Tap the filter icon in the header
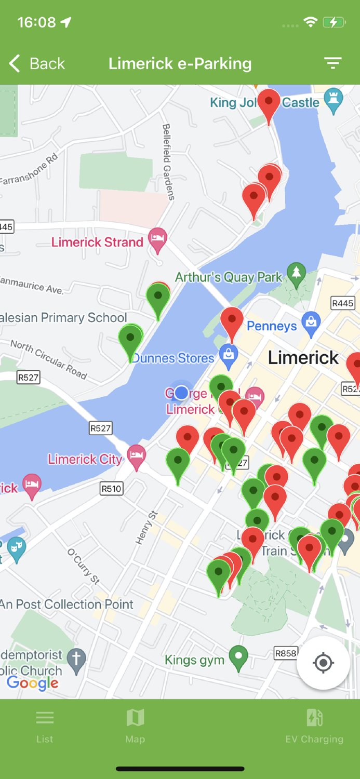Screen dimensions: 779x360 [x=333, y=63]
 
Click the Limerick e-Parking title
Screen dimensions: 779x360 [x=180, y=63]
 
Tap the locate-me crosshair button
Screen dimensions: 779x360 [x=323, y=663]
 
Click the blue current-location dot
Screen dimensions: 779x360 [x=181, y=393]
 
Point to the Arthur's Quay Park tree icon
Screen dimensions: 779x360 [x=297, y=274]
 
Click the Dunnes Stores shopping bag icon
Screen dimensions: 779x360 [x=228, y=355]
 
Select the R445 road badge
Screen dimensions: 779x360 [x=343, y=303]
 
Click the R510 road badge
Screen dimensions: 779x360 [x=111, y=488]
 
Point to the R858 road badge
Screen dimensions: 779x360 [x=286, y=653]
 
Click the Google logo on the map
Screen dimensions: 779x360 [x=33, y=682]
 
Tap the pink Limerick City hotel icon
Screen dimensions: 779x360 [x=137, y=455]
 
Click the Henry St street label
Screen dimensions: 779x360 [x=146, y=528]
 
